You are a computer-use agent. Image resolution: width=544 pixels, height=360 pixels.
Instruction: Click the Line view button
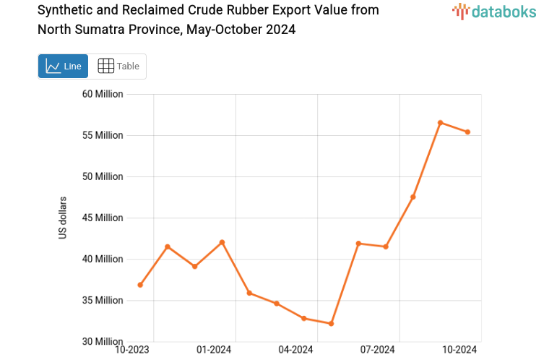(x=63, y=67)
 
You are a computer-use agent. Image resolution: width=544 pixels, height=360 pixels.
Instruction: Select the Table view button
(x=118, y=67)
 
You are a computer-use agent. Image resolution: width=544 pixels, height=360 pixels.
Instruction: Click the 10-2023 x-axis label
(x=132, y=350)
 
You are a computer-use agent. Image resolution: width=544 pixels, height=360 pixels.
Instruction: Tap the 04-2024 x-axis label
(x=295, y=350)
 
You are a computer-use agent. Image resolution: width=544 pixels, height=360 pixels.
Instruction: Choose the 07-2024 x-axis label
(x=378, y=350)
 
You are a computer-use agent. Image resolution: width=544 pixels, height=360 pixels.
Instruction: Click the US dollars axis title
(x=63, y=218)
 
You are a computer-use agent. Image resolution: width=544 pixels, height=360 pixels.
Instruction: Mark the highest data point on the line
(x=440, y=123)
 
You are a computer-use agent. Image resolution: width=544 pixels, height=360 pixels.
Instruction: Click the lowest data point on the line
(x=331, y=323)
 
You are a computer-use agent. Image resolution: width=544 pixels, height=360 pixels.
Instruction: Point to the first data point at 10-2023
(x=140, y=285)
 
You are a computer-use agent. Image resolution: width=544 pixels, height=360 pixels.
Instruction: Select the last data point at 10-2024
(x=467, y=132)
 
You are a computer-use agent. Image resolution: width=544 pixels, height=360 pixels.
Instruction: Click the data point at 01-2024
(x=222, y=242)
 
